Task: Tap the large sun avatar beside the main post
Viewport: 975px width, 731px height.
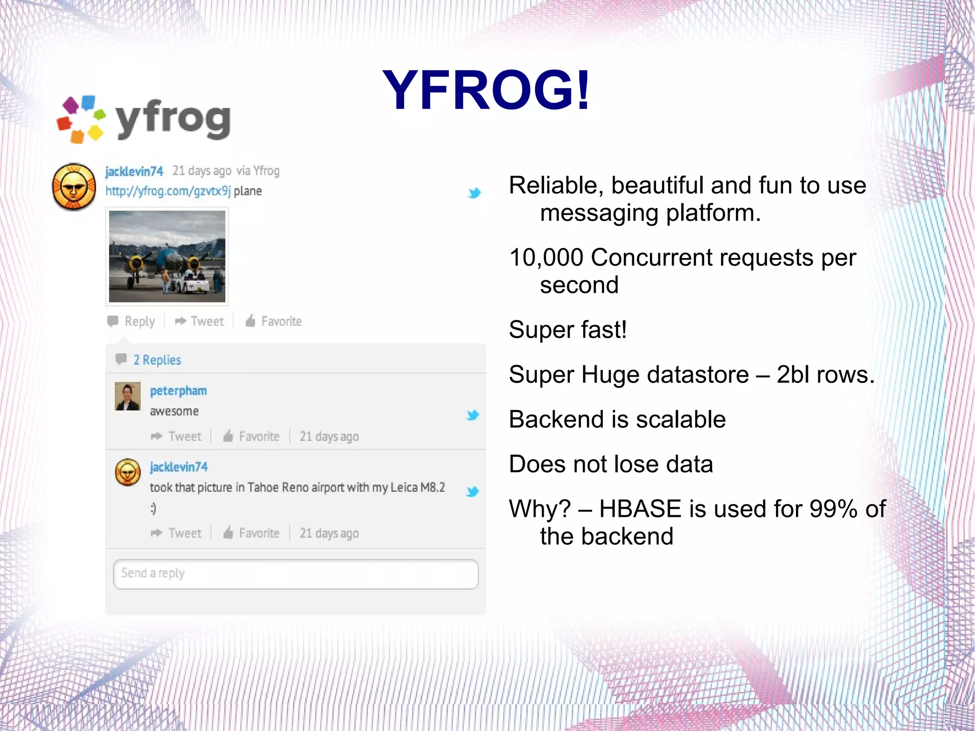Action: point(74,187)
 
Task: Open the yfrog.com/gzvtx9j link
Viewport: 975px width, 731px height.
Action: point(168,191)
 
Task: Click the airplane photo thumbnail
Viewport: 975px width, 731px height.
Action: point(167,256)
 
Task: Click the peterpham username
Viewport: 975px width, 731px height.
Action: point(178,391)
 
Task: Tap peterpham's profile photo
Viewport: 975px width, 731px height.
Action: point(128,396)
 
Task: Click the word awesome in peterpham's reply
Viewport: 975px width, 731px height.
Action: point(174,411)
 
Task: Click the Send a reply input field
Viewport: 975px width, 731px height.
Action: point(295,574)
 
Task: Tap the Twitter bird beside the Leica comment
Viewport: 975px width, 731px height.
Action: point(472,491)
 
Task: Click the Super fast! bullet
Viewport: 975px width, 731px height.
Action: point(567,330)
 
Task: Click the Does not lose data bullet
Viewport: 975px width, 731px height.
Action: point(611,464)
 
